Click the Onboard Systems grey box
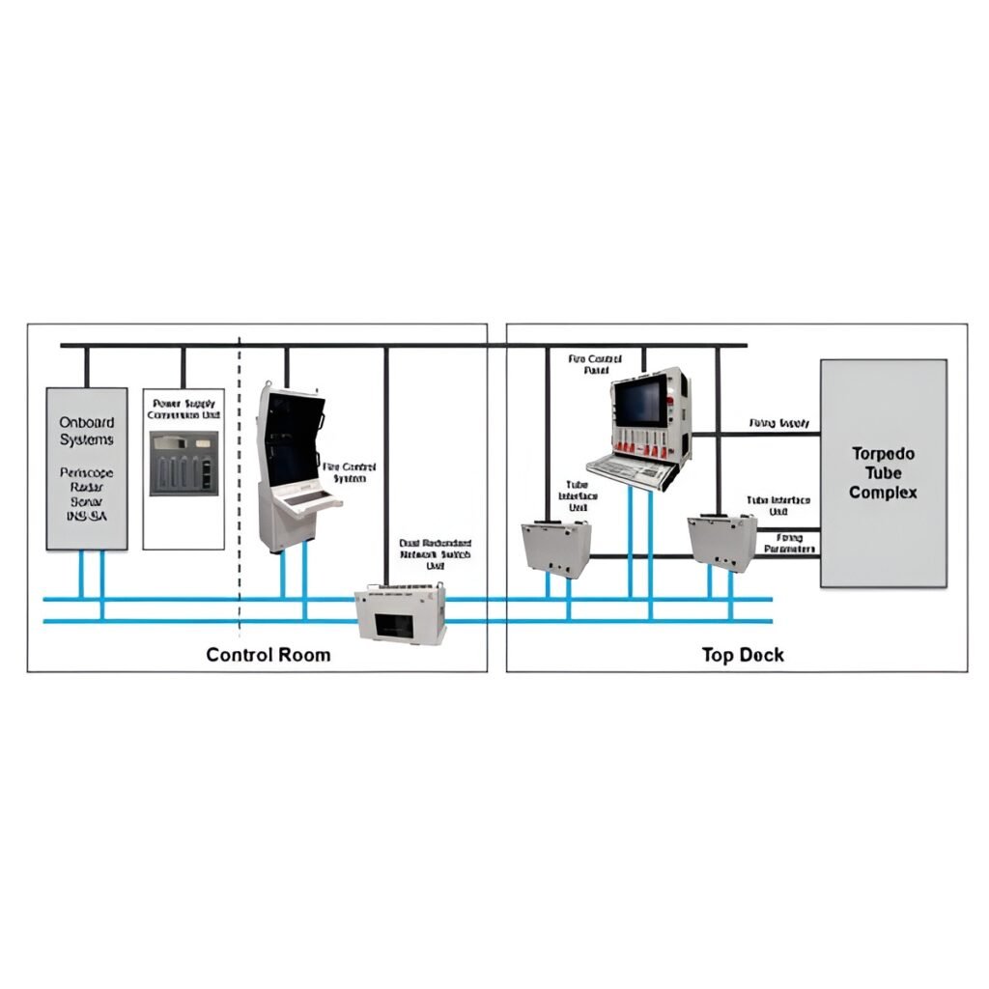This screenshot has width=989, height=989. [87, 468]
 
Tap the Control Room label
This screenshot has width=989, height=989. [268, 655]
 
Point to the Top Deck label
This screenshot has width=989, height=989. [742, 655]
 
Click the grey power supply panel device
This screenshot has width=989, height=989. [184, 464]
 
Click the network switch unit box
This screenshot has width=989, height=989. [401, 614]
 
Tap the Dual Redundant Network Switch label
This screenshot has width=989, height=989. [436, 550]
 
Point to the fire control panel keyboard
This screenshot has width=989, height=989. [632, 470]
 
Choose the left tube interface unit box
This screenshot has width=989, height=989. [555, 548]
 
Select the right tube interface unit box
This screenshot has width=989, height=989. [721, 543]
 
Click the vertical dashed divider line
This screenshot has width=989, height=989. [240, 483]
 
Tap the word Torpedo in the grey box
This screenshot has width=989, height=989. [883, 453]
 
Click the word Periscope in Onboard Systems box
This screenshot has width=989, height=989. [87, 474]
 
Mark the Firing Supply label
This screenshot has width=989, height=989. [778, 424]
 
